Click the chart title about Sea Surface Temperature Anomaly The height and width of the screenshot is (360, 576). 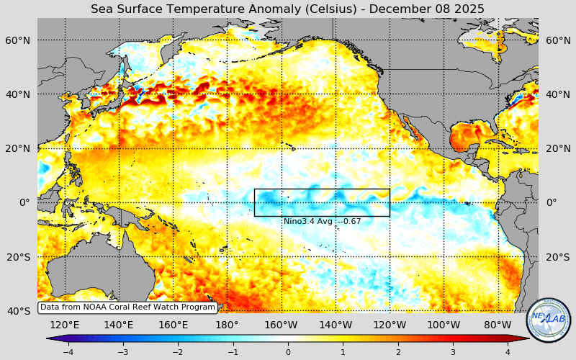coord(287,9)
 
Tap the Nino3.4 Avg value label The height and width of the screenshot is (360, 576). coord(322,221)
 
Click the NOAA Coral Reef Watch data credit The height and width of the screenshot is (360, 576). coord(127,307)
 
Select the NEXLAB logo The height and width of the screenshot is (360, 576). coord(549,320)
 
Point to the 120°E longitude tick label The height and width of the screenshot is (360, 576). coord(65,325)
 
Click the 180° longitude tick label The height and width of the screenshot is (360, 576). coord(227,325)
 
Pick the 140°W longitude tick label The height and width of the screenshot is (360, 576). coord(336,325)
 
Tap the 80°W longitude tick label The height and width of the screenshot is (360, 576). coord(498,325)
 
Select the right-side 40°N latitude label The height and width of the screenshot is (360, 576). coord(557,94)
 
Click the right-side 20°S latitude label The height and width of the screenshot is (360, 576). coord(557,257)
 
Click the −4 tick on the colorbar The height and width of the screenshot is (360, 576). coord(68,351)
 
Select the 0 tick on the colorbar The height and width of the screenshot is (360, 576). coord(288,351)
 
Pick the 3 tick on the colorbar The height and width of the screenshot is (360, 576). coord(453,351)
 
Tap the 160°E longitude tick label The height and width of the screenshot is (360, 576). coord(173,325)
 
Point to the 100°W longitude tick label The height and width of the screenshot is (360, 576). coord(444,325)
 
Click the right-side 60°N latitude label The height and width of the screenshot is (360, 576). coord(557,40)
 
